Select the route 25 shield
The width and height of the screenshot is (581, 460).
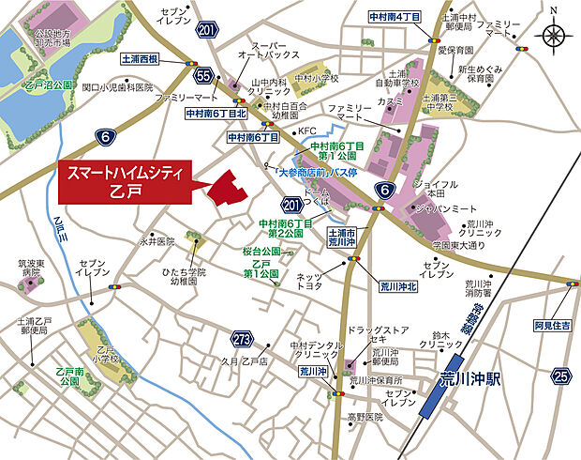point(561,377)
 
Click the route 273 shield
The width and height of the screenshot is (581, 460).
point(241,339)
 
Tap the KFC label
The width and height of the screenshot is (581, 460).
point(307,130)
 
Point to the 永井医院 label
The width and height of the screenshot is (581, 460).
point(156,241)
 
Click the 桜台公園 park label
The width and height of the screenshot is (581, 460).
point(262,253)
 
